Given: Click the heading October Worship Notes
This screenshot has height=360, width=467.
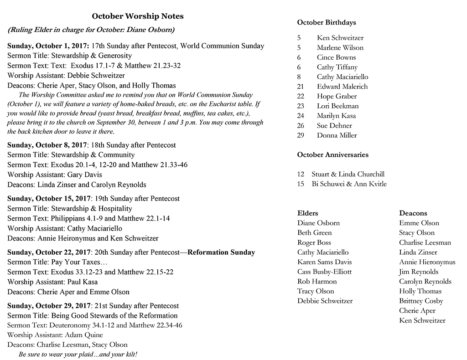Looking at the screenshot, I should click(x=138, y=16).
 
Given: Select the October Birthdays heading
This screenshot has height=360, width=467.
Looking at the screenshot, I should click(x=326, y=22).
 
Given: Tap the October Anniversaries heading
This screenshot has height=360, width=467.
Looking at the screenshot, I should click(x=332, y=155).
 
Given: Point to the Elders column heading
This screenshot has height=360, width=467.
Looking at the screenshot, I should click(x=307, y=213).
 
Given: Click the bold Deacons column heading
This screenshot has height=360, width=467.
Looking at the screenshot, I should click(x=413, y=213).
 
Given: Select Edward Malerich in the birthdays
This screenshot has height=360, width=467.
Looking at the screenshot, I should click(x=342, y=87).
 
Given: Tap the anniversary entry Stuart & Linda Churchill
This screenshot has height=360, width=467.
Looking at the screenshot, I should click(x=348, y=174).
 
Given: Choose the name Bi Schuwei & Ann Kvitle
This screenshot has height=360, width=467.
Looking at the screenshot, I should click(x=349, y=184).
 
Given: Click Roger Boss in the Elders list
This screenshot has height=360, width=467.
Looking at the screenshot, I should click(x=314, y=243).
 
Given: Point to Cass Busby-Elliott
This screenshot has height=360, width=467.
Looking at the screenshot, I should click(x=324, y=272).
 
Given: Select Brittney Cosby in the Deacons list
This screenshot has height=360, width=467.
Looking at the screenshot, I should click(x=421, y=301).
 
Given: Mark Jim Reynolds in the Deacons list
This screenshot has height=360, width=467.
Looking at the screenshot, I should click(x=418, y=272).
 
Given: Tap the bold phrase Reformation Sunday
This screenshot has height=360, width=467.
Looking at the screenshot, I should click(x=221, y=252).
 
